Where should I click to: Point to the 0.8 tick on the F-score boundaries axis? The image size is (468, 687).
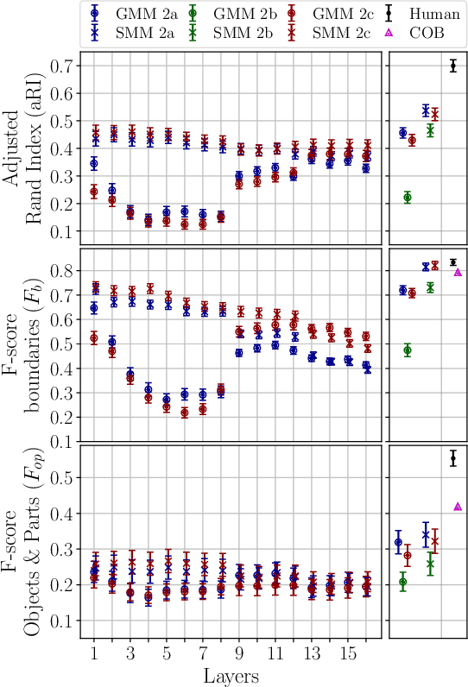click(61, 271)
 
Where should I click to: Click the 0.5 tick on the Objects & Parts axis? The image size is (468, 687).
click(61, 477)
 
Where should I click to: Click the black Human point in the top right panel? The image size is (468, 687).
click(453, 66)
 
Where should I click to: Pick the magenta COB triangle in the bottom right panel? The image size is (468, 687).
click(458, 507)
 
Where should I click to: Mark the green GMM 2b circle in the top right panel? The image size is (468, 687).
click(408, 198)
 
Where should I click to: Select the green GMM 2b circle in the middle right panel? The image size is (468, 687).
click(408, 350)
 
